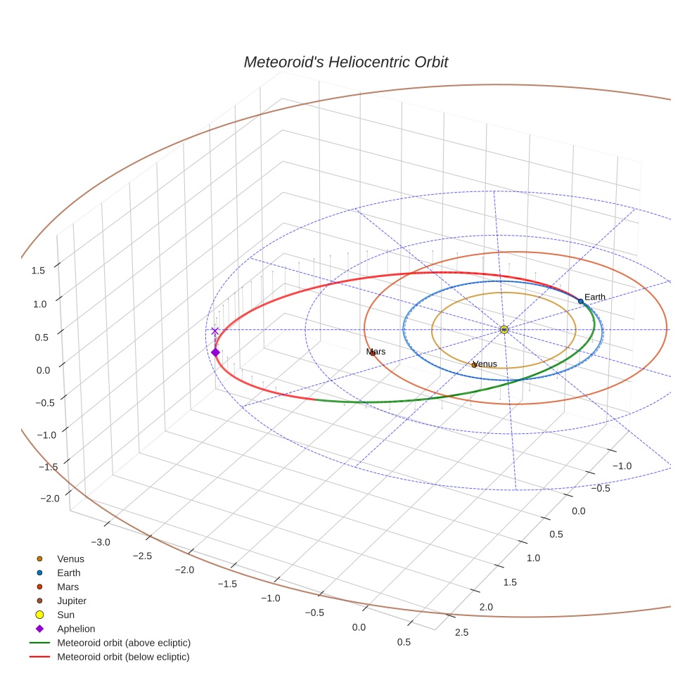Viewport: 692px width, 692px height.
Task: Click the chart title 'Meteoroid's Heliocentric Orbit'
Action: click(x=345, y=62)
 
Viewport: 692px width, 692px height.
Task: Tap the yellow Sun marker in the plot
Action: click(x=504, y=329)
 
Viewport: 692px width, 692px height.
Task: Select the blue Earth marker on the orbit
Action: click(x=580, y=301)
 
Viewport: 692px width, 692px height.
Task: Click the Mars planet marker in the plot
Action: click(x=373, y=353)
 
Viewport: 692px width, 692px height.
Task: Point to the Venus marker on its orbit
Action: click(x=474, y=365)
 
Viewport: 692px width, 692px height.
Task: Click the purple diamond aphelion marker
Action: click(x=215, y=352)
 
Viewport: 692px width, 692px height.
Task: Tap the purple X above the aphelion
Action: click(x=214, y=331)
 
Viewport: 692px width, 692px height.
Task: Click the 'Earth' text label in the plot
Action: click(x=594, y=297)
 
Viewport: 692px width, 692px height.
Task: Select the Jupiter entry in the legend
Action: click(x=72, y=601)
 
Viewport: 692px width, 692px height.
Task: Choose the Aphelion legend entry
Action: click(x=76, y=629)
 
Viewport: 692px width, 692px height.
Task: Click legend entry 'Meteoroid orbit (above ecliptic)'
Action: click(x=124, y=643)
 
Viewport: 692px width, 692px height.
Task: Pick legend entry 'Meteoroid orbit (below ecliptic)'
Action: click(x=123, y=657)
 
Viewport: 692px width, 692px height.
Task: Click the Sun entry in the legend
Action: click(x=66, y=615)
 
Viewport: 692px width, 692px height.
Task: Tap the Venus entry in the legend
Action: click(x=70, y=559)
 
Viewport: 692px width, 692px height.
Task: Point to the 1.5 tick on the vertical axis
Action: click(x=38, y=270)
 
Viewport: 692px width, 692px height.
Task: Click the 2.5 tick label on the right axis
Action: click(x=462, y=632)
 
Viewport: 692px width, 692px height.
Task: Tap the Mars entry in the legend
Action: click(x=68, y=587)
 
